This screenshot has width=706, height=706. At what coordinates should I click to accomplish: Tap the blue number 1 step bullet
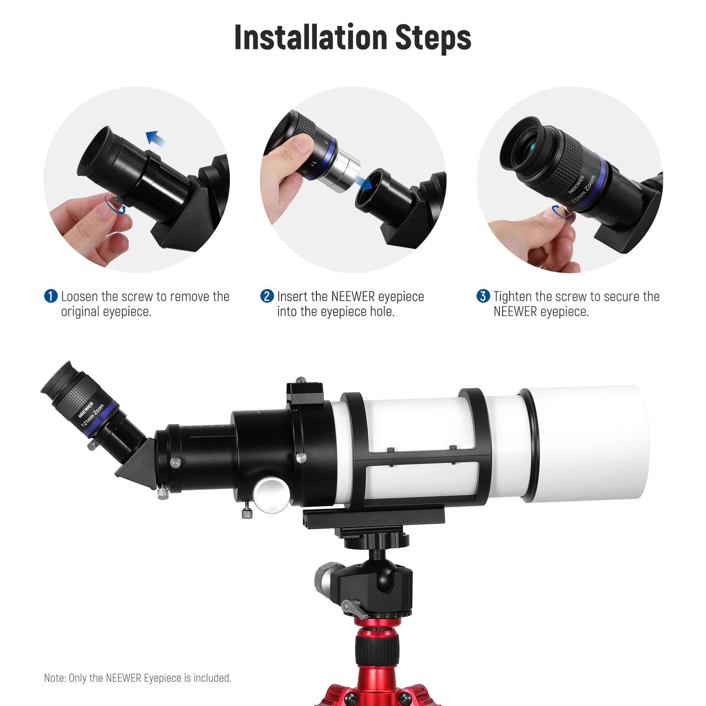tap(51, 296)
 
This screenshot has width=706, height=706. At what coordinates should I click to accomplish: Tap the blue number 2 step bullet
tap(267, 296)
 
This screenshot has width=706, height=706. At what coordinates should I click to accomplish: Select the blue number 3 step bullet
tap(483, 296)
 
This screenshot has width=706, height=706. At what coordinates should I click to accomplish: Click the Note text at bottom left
tap(137, 678)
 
